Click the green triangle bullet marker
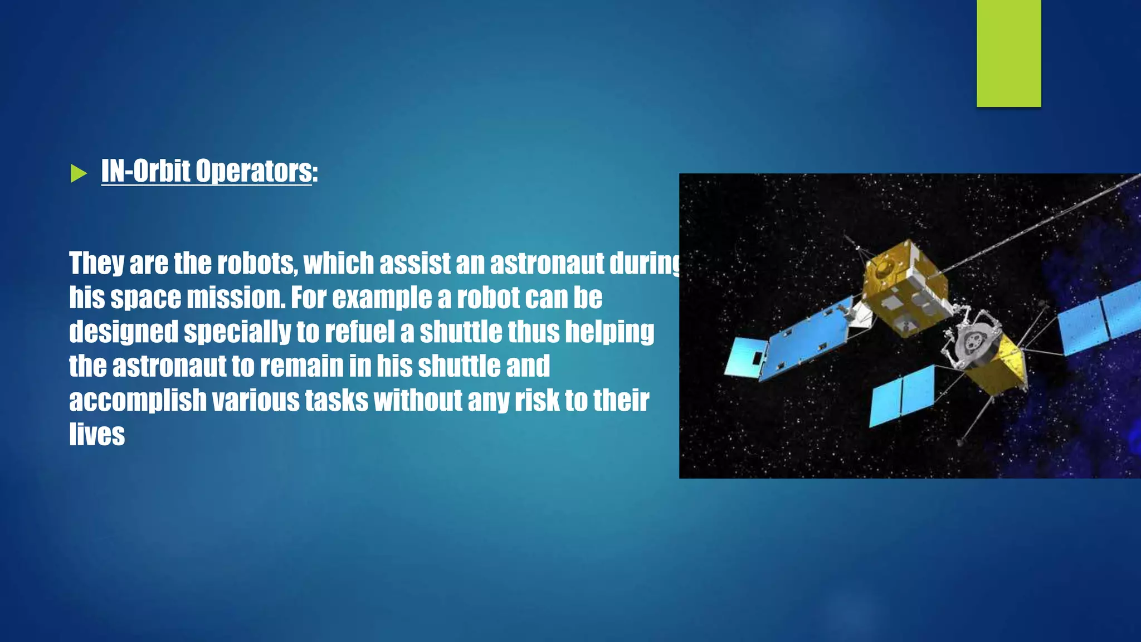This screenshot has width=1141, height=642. click(x=79, y=174)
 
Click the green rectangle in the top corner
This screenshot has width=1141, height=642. click(x=1008, y=53)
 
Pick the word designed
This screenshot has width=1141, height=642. click(x=124, y=333)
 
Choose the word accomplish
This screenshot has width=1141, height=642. click(x=138, y=401)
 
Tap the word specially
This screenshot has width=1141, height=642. click(x=237, y=333)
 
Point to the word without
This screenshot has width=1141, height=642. click(x=418, y=400)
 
